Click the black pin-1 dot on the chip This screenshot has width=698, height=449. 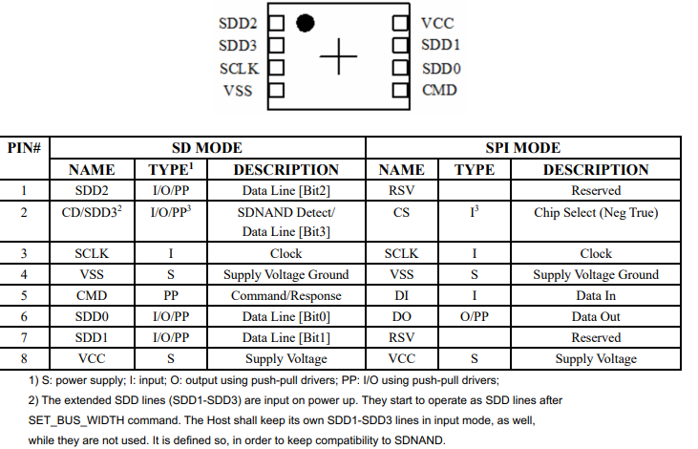click(x=306, y=21)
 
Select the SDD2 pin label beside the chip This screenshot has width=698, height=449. click(x=239, y=22)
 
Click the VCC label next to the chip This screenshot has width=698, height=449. click(x=440, y=22)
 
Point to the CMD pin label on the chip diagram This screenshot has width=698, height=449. click(x=440, y=91)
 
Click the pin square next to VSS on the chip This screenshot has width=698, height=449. click(x=278, y=92)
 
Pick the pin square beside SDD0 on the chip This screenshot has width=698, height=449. click(x=400, y=69)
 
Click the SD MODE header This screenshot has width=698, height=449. click(x=206, y=148)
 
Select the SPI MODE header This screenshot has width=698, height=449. click(x=523, y=148)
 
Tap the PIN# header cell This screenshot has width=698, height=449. click(x=24, y=148)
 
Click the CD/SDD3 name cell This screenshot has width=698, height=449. click(x=93, y=212)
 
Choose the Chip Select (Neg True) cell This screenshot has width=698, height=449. click(x=596, y=212)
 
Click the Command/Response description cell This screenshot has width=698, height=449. click(x=286, y=296)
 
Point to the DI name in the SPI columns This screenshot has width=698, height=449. click(x=401, y=296)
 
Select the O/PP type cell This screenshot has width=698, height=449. click(x=474, y=317)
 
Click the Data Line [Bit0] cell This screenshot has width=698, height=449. click(x=286, y=317)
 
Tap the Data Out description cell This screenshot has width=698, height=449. click(x=596, y=317)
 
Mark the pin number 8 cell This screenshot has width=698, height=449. click(x=24, y=359)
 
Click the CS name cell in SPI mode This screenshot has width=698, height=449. click(x=401, y=212)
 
